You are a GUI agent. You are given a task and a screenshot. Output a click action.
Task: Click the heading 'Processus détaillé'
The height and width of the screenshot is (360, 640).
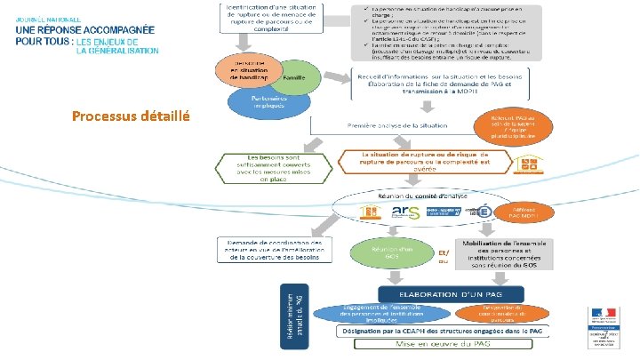(130, 116)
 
